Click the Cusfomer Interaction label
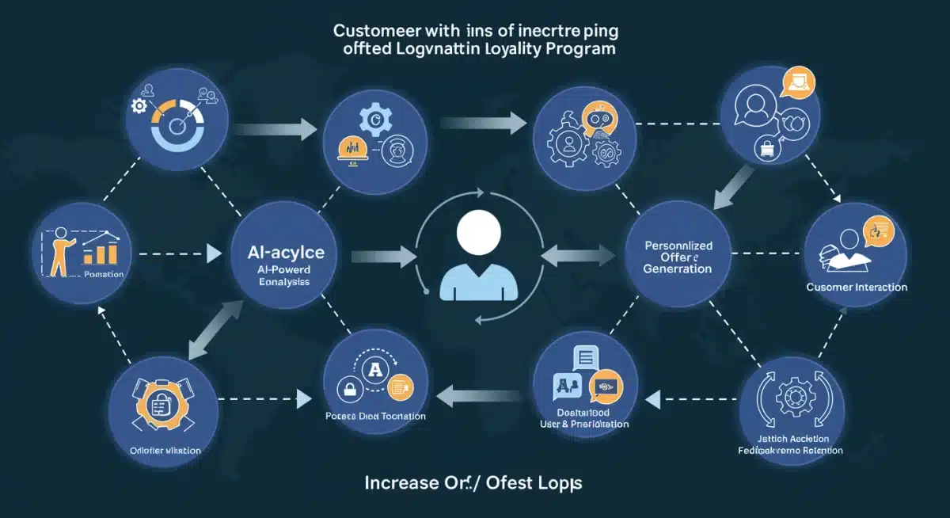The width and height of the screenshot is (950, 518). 857,287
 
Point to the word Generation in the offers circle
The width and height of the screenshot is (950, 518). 677,269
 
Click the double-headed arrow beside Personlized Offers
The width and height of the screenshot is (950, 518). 577,254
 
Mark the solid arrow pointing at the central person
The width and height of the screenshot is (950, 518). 385,255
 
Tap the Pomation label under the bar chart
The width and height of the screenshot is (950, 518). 103,274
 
